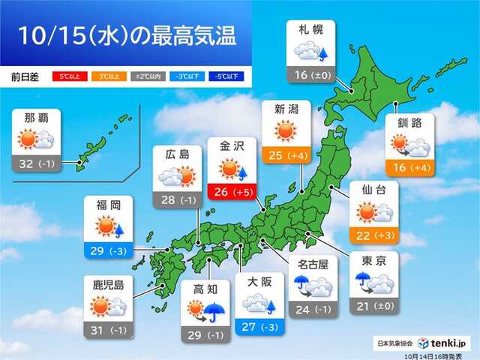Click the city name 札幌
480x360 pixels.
point(310,31)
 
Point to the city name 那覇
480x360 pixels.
point(37,118)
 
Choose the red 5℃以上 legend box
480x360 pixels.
point(65,76)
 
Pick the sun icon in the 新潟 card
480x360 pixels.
point(285,132)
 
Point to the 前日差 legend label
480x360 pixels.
point(26,76)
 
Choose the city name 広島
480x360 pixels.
point(178,155)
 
